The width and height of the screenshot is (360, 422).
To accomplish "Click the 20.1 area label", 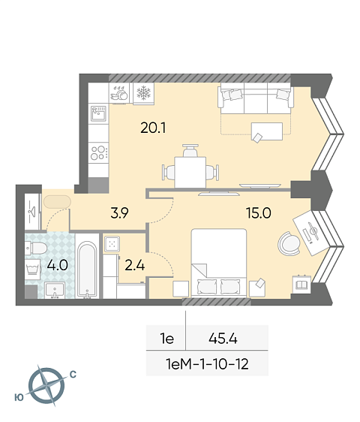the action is point(153,128).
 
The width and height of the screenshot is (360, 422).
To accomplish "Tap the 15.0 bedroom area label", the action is point(259,213).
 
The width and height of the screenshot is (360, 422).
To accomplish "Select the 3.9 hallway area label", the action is point(120,213).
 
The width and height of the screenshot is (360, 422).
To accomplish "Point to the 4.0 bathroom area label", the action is point(57,265).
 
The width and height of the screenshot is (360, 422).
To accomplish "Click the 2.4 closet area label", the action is point(135,265).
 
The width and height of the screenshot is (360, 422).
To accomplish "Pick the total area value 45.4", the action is point(223,339).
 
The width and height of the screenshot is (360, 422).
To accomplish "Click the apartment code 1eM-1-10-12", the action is point(207,364).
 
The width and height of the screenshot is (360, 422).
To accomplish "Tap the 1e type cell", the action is point(167,339).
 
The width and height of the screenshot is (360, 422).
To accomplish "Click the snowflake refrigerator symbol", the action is point(144,93).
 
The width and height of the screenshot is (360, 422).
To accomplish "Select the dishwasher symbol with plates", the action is point(119,93).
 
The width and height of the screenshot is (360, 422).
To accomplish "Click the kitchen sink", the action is point(98,113).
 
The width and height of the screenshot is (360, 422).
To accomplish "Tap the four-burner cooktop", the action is point(99,152).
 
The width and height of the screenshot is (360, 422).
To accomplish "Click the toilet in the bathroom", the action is point(36,248).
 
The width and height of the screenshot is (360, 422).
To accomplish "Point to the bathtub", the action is point(87,270).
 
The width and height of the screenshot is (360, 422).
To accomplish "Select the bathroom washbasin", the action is point(55,290).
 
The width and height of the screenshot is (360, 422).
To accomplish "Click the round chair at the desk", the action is point(289,243).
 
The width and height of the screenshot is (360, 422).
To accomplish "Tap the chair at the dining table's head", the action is point(190,151).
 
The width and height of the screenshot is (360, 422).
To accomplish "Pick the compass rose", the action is point(46,385).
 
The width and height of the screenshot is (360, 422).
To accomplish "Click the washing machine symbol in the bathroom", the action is point(33,268).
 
